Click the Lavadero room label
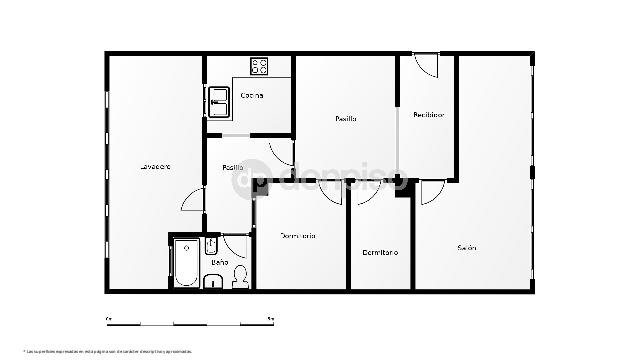click(x=155, y=166)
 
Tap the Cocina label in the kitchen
click(x=252, y=95)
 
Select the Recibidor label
click(x=428, y=115)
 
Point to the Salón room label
click(x=467, y=247)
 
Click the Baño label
click(x=219, y=262)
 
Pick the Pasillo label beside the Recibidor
click(x=346, y=119)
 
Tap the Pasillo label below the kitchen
click(x=233, y=167)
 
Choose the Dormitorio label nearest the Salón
click(x=380, y=252)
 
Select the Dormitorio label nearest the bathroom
click(x=298, y=236)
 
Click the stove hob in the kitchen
click(x=260, y=67)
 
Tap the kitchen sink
click(x=219, y=97)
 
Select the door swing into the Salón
click(x=431, y=193)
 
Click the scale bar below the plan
click(x=190, y=322)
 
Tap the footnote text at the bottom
click(x=108, y=351)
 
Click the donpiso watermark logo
click(x=330, y=181)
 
